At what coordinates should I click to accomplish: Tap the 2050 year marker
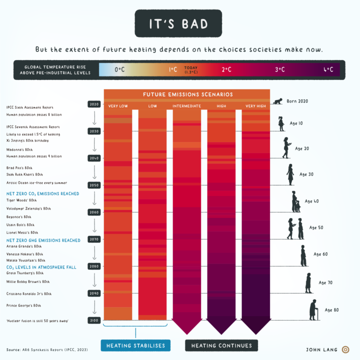[x=94, y=185]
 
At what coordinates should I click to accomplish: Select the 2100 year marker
[x=94, y=320]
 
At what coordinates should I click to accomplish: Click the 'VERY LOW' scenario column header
[x=117, y=106]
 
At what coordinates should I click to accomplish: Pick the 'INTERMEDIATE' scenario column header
[x=186, y=106]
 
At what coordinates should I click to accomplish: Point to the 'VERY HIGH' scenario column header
[x=255, y=106]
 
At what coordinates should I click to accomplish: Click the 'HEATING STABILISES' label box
[x=135, y=345]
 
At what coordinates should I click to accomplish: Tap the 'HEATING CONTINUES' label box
[x=221, y=345]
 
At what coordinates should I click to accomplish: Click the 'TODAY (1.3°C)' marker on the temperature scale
[x=191, y=70]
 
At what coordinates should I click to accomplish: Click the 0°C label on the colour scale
[x=119, y=70]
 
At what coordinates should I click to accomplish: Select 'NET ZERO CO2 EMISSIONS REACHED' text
[x=42, y=193]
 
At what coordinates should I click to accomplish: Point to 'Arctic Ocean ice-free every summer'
[x=33, y=182]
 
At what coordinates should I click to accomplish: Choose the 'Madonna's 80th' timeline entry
[x=19, y=150]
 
